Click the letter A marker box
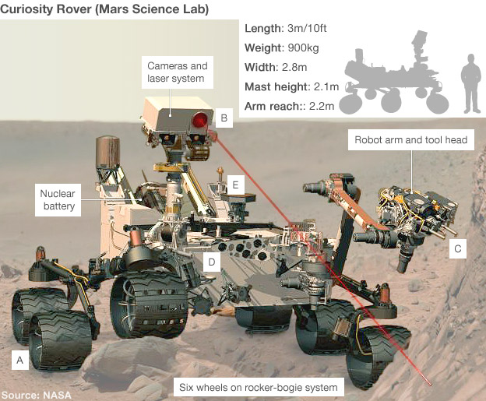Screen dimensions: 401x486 click(x=20, y=359)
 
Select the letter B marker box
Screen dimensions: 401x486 click(x=224, y=118)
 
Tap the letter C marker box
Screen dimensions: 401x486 click(x=458, y=249)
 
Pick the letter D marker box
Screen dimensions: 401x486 click(x=210, y=262)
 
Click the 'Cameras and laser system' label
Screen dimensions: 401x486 click(x=177, y=72)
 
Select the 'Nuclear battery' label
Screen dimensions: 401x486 click(x=58, y=200)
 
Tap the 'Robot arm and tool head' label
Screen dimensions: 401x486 click(x=410, y=141)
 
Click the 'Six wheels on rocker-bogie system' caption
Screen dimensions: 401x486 click(x=257, y=387)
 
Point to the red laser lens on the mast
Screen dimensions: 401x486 click(x=201, y=120)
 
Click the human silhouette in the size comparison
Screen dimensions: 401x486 click(x=469, y=89)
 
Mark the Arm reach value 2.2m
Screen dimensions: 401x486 click(x=320, y=106)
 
